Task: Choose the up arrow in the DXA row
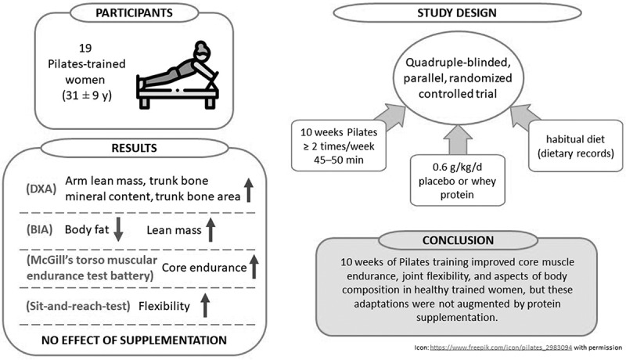tap(247, 189)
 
